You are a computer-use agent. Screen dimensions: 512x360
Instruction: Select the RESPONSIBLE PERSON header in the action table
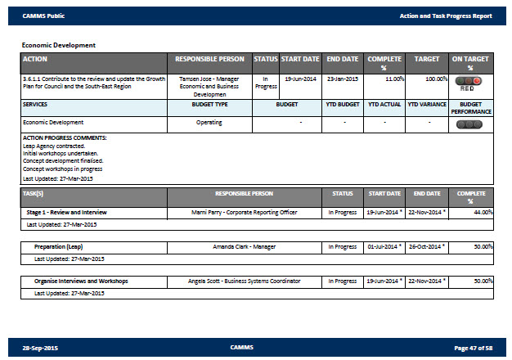[x=209, y=60]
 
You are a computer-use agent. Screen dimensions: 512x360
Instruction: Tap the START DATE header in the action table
[x=300, y=60]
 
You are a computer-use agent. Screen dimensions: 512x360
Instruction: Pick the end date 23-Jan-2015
[x=343, y=79]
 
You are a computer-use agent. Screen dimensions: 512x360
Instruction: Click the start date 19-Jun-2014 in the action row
[x=300, y=79]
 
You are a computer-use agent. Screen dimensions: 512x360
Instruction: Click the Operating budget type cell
[x=209, y=122]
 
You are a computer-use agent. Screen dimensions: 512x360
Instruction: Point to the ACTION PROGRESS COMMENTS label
[x=65, y=137]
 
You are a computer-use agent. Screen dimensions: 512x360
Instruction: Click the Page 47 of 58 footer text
[x=473, y=348]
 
